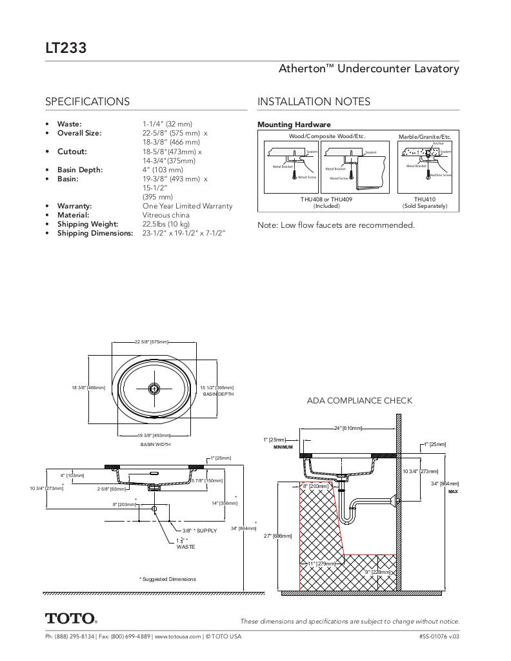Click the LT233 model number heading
click(66, 48)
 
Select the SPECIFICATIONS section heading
click(87, 101)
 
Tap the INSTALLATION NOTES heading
click(314, 101)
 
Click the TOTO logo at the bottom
click(70, 618)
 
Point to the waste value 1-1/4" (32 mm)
click(167, 123)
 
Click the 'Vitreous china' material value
click(166, 215)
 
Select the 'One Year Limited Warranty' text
click(187, 206)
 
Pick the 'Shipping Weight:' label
click(87, 224)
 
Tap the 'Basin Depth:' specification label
click(79, 170)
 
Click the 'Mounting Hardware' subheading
click(294, 125)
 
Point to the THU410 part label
click(425, 199)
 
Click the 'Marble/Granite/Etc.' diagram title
click(425, 137)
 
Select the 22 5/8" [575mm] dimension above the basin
click(152, 341)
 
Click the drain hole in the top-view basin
click(154, 388)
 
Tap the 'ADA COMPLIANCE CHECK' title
click(359, 400)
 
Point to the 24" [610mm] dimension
click(348, 428)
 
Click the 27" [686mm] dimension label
click(278, 536)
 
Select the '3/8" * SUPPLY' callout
click(199, 531)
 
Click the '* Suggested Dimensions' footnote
click(167, 579)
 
